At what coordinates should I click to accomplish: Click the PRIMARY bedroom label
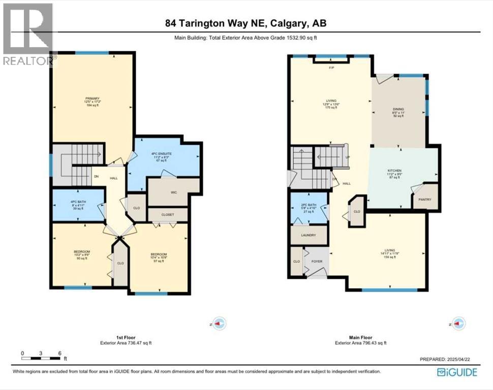(x=92, y=99)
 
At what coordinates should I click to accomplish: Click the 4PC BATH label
(x=78, y=202)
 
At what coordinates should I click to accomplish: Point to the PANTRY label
(x=425, y=200)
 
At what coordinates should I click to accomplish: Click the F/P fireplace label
(x=331, y=68)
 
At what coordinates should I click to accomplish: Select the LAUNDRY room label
(x=308, y=235)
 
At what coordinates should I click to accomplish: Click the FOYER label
(x=317, y=262)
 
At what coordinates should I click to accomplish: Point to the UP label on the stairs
(x=347, y=157)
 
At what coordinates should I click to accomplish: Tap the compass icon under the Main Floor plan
(x=458, y=323)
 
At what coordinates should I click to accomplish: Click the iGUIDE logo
(x=457, y=372)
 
